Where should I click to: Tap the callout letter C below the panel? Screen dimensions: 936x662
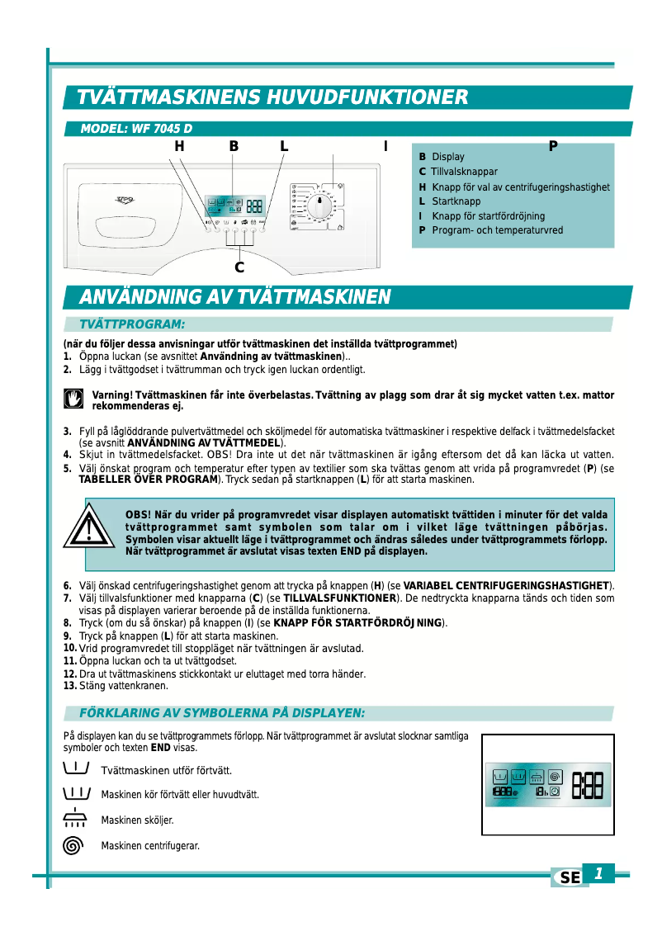(x=239, y=267)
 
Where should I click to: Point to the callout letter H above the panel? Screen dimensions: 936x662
(x=179, y=147)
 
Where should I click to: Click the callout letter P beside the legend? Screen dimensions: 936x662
(x=553, y=146)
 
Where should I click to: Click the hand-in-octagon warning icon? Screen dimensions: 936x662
(x=73, y=399)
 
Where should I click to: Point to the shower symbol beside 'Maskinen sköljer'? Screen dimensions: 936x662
(x=74, y=819)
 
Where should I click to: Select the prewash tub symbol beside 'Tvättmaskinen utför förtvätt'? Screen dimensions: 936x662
(x=74, y=768)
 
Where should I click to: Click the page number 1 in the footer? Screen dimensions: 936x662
(x=599, y=873)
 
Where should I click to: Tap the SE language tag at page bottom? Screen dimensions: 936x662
(x=570, y=878)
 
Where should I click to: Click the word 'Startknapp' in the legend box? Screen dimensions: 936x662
(x=456, y=201)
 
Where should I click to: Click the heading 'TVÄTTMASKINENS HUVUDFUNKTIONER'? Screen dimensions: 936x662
(x=272, y=97)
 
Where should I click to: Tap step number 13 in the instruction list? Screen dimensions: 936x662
(x=70, y=685)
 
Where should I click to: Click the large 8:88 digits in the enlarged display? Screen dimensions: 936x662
(x=587, y=784)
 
